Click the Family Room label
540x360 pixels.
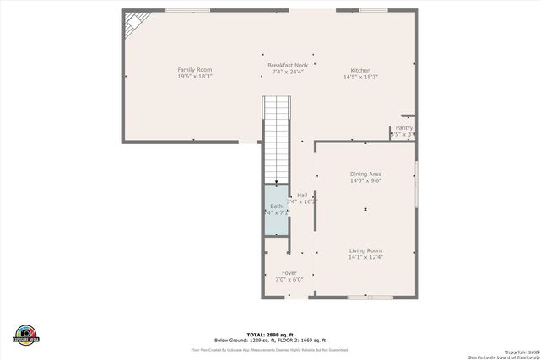(194, 69)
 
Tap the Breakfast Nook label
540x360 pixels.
(288, 65)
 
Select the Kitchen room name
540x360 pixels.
(360, 70)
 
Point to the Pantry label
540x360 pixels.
(404, 128)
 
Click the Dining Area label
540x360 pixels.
(365, 174)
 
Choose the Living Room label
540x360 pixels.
(365, 250)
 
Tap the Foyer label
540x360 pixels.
(289, 273)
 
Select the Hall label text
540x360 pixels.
(301, 196)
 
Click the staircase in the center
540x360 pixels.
(277, 139)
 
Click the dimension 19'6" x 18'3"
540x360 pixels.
(194, 77)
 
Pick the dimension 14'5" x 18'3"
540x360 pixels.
(360, 77)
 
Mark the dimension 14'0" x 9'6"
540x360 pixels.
(365, 180)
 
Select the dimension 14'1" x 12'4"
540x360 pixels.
(365, 257)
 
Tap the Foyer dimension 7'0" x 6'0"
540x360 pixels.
(289, 280)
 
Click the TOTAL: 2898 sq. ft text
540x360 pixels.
(270, 334)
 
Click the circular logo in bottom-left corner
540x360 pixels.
(26, 334)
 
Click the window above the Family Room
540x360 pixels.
(187, 10)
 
